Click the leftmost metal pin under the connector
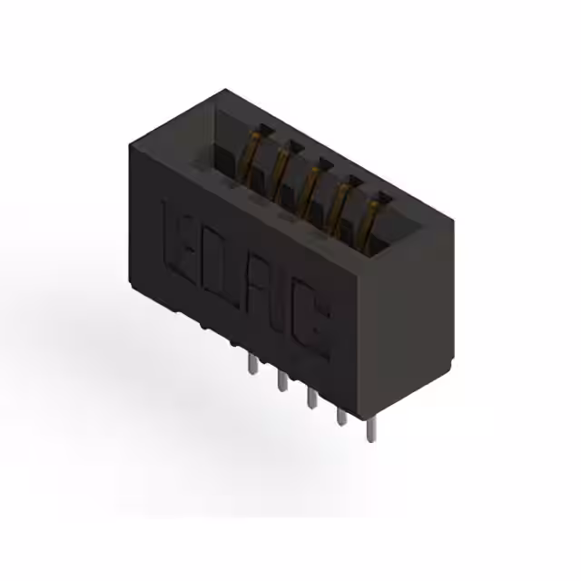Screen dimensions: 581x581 [249, 366]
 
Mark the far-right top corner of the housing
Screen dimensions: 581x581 [453, 221]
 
